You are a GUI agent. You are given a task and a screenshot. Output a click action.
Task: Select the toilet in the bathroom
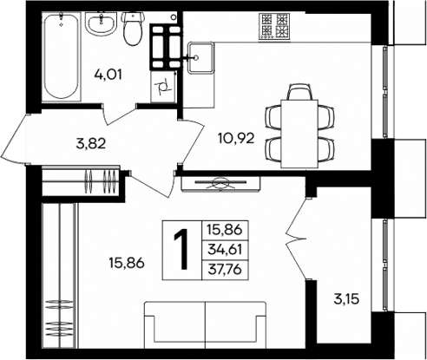(x=133, y=29)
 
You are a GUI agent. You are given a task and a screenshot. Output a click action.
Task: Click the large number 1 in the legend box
(x=181, y=252)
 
